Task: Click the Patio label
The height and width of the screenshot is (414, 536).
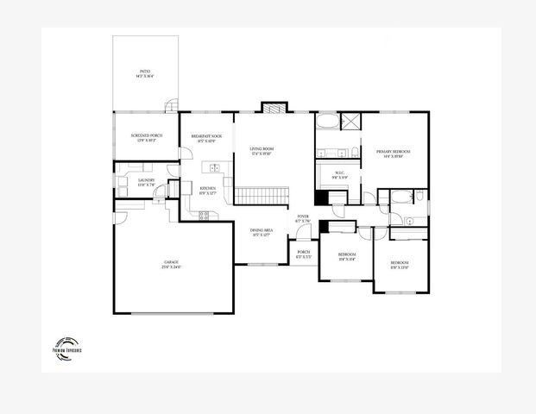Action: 145,74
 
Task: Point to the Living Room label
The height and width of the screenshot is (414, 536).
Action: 262,151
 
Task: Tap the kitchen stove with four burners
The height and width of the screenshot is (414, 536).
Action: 205,216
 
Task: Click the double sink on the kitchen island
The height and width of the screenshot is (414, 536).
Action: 211,167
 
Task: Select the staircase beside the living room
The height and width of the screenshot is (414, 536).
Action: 261,196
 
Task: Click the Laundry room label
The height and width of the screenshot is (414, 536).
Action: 146,182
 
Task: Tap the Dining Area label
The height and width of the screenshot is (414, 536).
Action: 262,232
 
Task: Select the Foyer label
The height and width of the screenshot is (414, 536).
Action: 303,218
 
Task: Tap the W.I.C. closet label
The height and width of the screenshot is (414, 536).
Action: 340,176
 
